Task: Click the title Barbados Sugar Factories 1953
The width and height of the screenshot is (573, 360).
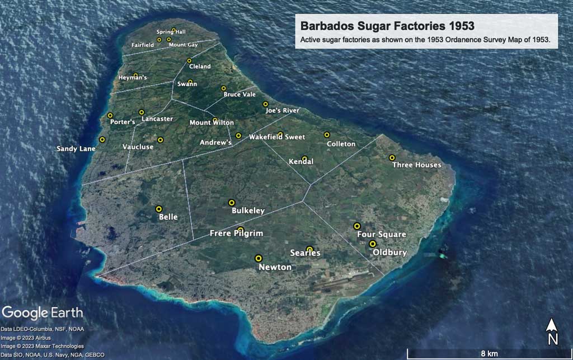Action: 387,26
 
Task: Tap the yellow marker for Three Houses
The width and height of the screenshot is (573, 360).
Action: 392,158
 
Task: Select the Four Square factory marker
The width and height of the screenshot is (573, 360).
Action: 357,226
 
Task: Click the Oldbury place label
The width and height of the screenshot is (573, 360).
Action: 390,253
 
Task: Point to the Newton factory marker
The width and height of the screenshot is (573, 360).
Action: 259,258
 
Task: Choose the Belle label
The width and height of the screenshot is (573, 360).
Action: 168,217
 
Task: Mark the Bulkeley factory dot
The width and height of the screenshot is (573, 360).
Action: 232,203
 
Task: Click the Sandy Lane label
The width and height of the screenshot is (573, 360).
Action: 76,149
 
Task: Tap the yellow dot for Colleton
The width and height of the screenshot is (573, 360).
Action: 327,134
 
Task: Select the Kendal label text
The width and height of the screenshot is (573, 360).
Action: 301,162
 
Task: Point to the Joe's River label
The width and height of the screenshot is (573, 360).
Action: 283,111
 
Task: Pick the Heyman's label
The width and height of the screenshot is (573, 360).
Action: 133,78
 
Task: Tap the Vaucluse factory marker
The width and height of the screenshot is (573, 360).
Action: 160,140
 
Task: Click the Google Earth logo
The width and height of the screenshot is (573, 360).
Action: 43,312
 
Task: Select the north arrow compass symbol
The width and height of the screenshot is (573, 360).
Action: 552,331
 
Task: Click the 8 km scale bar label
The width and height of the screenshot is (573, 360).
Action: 488,354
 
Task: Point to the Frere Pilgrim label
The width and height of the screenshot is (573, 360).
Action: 236,233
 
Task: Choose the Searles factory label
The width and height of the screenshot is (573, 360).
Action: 305,253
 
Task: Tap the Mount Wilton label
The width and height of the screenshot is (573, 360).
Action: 212,123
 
